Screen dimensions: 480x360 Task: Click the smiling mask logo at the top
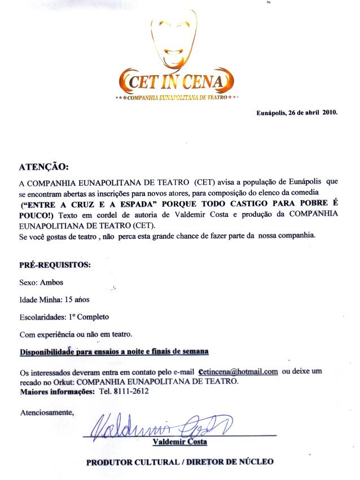point(174,38)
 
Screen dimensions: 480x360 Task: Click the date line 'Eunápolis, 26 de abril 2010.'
point(297,112)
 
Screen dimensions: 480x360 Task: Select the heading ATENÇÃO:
point(44,167)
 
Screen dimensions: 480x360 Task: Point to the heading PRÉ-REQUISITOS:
point(55,264)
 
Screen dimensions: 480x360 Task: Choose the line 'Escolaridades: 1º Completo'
point(64,317)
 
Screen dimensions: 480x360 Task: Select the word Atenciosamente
point(47,412)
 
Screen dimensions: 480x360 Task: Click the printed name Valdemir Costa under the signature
point(179,441)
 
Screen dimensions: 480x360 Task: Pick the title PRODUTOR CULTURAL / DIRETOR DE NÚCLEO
point(179,462)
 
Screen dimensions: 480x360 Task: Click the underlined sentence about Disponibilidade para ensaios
point(114,352)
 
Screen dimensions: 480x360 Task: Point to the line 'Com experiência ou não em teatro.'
point(76,334)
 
